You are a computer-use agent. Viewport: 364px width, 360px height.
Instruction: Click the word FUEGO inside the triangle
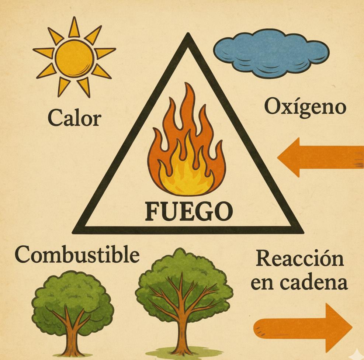coord(189,211)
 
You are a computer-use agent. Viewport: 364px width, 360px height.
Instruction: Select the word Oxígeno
coord(305,107)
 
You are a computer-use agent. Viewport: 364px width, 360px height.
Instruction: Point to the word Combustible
coord(77,255)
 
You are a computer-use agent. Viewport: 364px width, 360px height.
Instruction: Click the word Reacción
coord(300,259)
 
